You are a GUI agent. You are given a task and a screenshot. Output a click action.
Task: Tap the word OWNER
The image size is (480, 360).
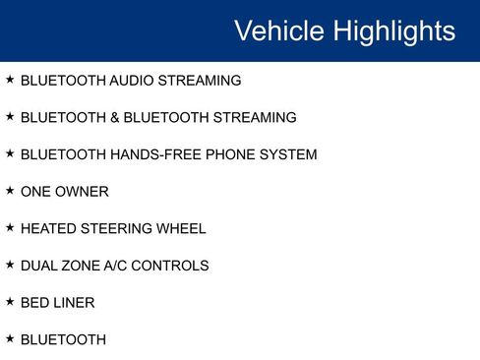coord(84,192)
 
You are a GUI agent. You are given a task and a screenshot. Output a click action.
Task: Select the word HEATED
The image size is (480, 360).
coord(48,228)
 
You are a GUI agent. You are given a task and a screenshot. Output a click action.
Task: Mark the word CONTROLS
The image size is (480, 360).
coord(177,266)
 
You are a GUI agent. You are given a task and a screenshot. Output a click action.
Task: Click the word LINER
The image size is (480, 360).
coord(75,303)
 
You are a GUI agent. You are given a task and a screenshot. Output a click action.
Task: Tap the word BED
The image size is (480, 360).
coord(34,303)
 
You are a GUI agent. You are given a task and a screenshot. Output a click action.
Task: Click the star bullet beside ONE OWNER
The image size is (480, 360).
coord(10,190)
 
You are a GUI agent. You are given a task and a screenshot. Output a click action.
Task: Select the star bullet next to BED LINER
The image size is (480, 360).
coord(10,301)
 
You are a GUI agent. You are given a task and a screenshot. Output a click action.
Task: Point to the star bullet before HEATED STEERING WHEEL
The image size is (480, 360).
coord(10,227)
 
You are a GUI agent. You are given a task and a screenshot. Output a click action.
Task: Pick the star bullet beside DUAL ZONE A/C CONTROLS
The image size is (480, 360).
coord(10,264)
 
